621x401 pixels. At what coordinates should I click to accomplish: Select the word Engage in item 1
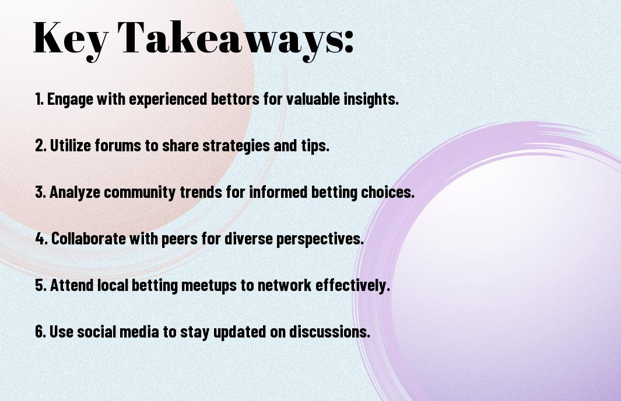click(70, 100)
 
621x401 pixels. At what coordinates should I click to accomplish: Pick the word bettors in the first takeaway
click(234, 99)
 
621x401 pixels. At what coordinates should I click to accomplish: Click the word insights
click(371, 100)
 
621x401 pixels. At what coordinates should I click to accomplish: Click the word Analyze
click(75, 193)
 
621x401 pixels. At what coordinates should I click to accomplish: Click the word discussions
click(329, 331)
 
